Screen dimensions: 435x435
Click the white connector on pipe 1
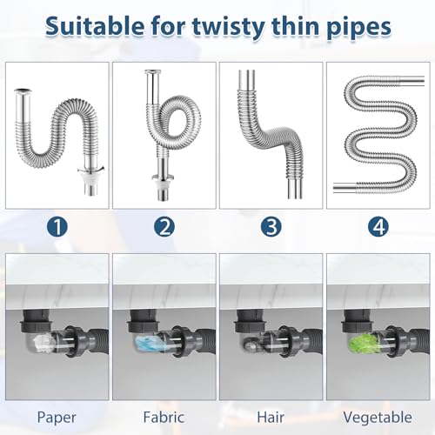click(88, 185)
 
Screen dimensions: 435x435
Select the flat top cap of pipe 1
click(24, 87)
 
